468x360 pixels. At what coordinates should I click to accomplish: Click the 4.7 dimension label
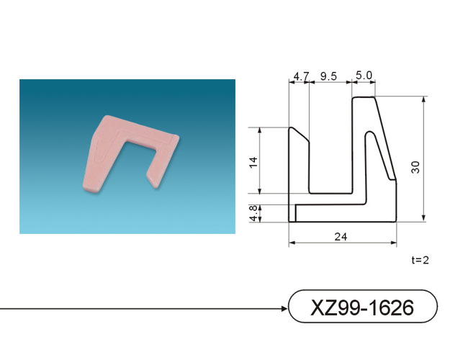(302, 76)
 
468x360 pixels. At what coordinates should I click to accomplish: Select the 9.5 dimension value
(328, 76)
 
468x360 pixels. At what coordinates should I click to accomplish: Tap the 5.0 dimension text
(364, 75)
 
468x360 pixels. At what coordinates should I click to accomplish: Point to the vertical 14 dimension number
(253, 163)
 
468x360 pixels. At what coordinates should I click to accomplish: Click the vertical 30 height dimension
(415, 167)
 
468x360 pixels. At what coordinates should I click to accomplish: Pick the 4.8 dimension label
(253, 213)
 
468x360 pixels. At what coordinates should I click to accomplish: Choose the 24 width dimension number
(341, 237)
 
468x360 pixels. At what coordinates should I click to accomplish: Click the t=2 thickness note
(420, 260)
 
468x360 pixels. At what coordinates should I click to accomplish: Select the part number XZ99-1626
(362, 307)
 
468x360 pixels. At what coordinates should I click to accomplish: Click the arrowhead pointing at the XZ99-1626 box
(284, 309)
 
